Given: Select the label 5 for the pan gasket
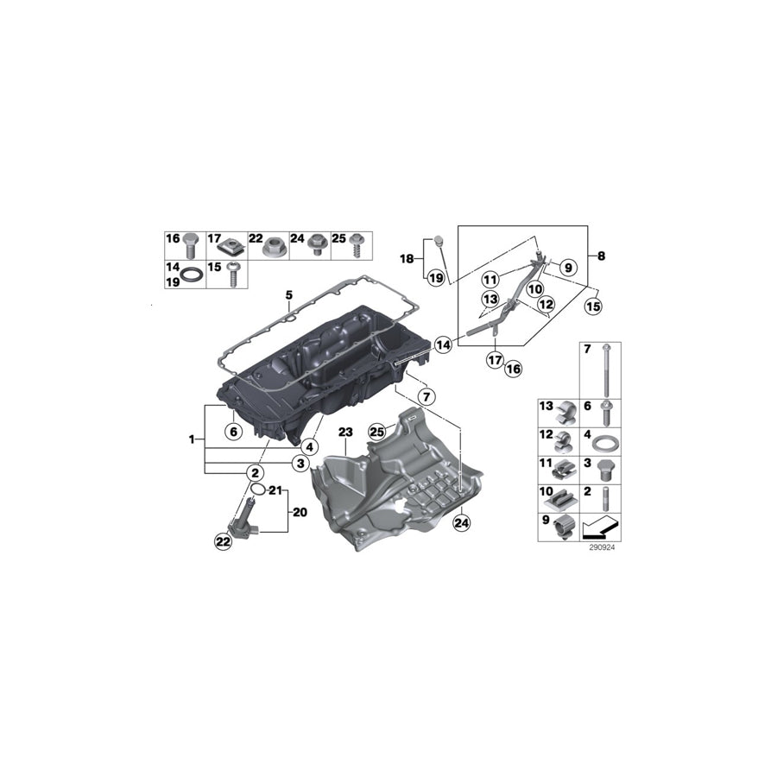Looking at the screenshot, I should coord(290,296).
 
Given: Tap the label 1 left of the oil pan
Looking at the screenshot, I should coord(191,439).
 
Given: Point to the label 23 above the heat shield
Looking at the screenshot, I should coord(345,432).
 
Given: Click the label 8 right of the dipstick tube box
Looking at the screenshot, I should coord(601,256).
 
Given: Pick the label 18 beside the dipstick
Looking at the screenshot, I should coord(407,258).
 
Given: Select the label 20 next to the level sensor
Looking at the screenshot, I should coord(300,510).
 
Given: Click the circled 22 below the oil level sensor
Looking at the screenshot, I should coord(224,541).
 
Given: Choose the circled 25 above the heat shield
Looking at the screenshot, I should coord(376,431).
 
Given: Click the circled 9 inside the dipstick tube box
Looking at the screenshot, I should coord(568,267).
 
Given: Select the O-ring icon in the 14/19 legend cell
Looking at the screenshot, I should coord(197,275).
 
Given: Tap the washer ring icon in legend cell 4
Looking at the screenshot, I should coord(608,445).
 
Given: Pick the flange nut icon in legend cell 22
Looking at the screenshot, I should coord(270,245).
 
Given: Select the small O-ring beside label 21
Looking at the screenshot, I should coord(256,490).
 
